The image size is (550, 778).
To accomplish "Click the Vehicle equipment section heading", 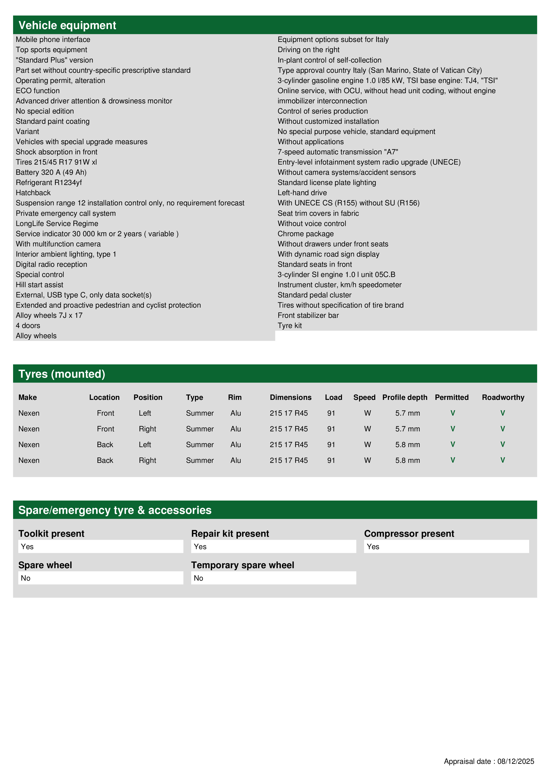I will [67, 26].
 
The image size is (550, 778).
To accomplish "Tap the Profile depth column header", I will [405, 397].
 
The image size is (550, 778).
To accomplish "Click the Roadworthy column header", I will [503, 397].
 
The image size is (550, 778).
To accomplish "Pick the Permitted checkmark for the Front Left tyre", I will [452, 413].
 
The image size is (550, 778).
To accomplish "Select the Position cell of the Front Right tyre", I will [147, 429].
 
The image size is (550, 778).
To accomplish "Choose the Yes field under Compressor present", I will [373, 546].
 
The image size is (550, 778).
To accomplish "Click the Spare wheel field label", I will [45, 565].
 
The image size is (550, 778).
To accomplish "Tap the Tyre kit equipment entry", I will [290, 325].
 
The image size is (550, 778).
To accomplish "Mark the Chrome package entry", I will [306, 234].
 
